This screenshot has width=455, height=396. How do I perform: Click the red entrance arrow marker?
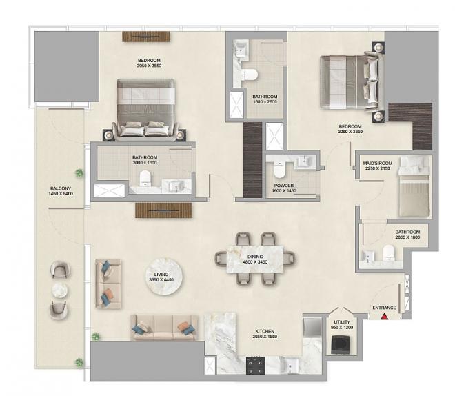coord(385,316)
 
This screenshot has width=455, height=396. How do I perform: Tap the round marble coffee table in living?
coord(164,277)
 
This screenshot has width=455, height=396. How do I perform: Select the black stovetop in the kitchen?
coord(255,366)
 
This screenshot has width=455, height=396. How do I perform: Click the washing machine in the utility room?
coord(341,344)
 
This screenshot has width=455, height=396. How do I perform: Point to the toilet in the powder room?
coord(280,170)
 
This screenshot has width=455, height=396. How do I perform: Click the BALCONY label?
coord(61,188)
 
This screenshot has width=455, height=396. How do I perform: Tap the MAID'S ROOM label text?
coord(378,164)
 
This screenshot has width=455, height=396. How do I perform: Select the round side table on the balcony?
coord(60,290)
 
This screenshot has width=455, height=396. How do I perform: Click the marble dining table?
coord(255,259)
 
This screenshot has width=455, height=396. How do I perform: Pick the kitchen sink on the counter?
coord(290,365)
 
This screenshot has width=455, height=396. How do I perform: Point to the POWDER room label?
coord(284,185)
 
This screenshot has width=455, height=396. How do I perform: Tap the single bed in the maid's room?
coord(414,186)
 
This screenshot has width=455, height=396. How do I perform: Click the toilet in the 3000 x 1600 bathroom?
coord(145,178)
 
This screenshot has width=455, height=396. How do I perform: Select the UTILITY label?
coord(342,322)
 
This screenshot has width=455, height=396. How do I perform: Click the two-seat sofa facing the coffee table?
coord(108,284)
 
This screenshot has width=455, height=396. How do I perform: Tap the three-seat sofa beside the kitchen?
coord(165,328)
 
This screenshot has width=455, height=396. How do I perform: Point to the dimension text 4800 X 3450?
coord(255,262)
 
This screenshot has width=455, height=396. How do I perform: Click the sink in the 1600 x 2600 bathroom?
coord(241,50)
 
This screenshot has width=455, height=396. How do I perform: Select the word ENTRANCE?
coord(384,308)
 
